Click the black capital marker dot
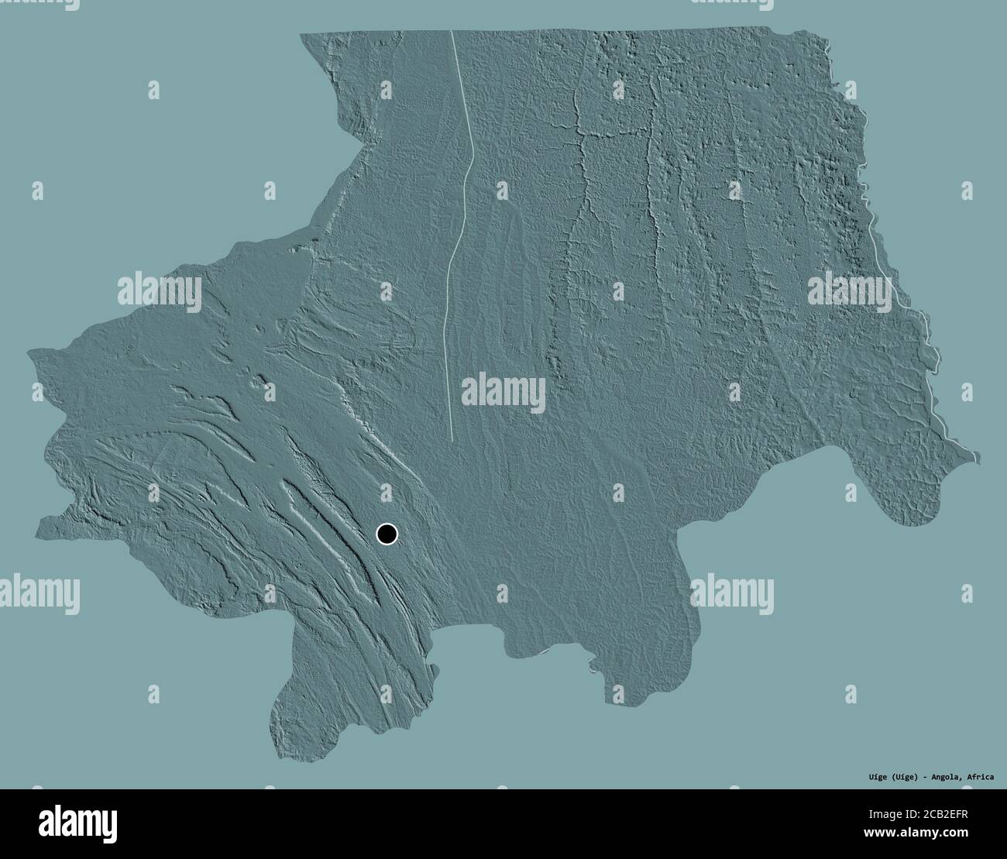[x=387, y=534]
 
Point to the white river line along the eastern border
[x=891, y=271]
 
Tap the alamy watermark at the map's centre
[x=503, y=390]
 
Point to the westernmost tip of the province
[x=30, y=353]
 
